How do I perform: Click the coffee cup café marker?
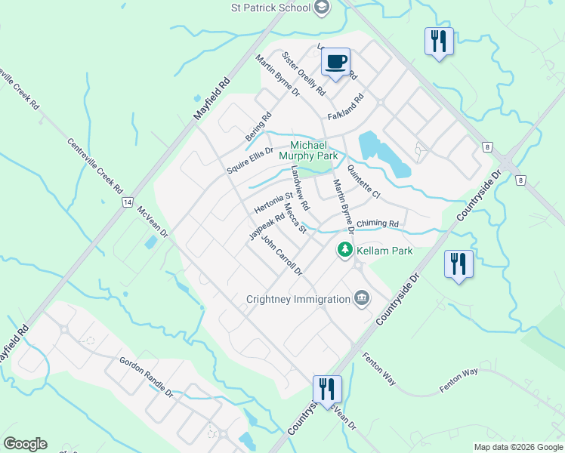(x=335, y=62)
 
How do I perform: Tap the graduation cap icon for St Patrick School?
(x=323, y=8)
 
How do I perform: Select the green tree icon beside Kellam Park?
(x=345, y=249)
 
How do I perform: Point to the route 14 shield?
(x=127, y=202)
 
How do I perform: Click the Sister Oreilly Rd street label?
(x=304, y=74)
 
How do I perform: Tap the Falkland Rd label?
(x=346, y=107)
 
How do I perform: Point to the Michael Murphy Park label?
(x=308, y=150)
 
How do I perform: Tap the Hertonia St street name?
(x=273, y=203)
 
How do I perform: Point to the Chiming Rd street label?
(x=377, y=223)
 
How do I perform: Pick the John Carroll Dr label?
(x=281, y=255)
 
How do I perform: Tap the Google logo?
(x=25, y=444)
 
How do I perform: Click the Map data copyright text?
(x=518, y=447)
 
